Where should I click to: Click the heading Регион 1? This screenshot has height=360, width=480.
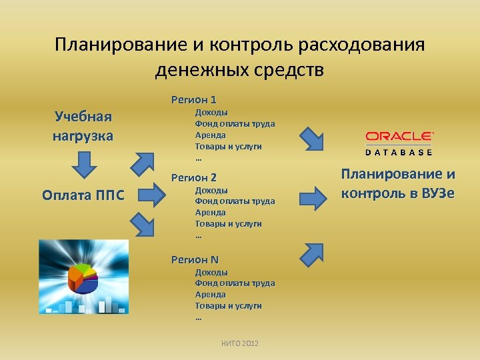pyautogui.click(x=194, y=100)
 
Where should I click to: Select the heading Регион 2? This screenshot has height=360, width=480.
pyautogui.click(x=194, y=178)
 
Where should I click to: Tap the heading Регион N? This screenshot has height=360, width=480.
pyautogui.click(x=195, y=260)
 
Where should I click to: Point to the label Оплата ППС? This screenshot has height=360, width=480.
pyautogui.click(x=83, y=195)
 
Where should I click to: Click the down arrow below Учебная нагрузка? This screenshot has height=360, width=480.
pyautogui.click(x=83, y=164)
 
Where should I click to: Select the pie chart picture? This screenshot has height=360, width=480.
pyautogui.click(x=83, y=277)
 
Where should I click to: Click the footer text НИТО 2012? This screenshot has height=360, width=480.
pyautogui.click(x=240, y=343)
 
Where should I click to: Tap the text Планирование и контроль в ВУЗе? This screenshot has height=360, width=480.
pyautogui.click(x=398, y=184)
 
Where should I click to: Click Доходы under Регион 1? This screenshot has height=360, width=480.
pyautogui.click(x=211, y=113)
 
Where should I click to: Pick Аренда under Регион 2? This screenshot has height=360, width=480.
pyautogui.click(x=210, y=212)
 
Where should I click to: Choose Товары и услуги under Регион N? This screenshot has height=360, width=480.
pyautogui.click(x=228, y=305)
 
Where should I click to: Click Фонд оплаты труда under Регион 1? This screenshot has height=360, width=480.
pyautogui.click(x=235, y=124)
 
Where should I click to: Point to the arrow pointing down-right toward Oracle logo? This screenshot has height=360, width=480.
pyautogui.click(x=311, y=138)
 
